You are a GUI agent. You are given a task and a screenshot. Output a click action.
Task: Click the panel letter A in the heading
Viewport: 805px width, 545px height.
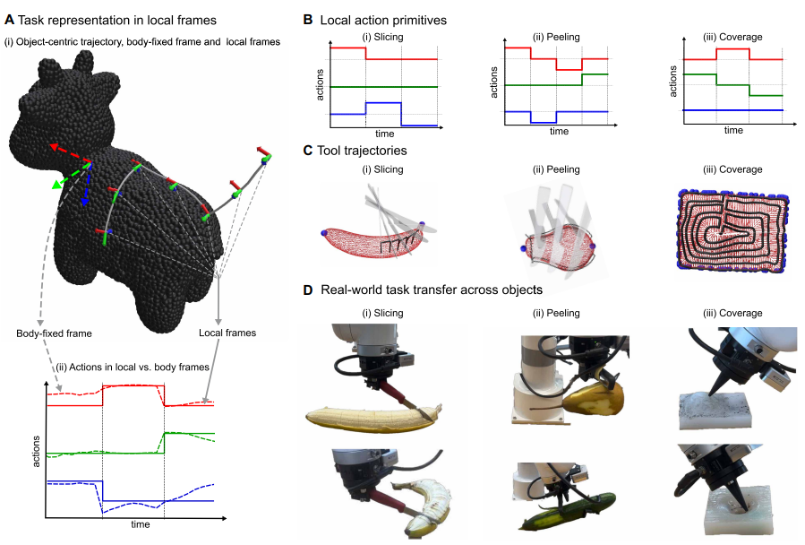10,19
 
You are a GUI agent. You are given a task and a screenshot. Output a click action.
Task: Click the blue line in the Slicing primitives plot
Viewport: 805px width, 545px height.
382,104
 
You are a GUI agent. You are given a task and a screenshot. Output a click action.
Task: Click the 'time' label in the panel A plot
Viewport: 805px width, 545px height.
141,523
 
